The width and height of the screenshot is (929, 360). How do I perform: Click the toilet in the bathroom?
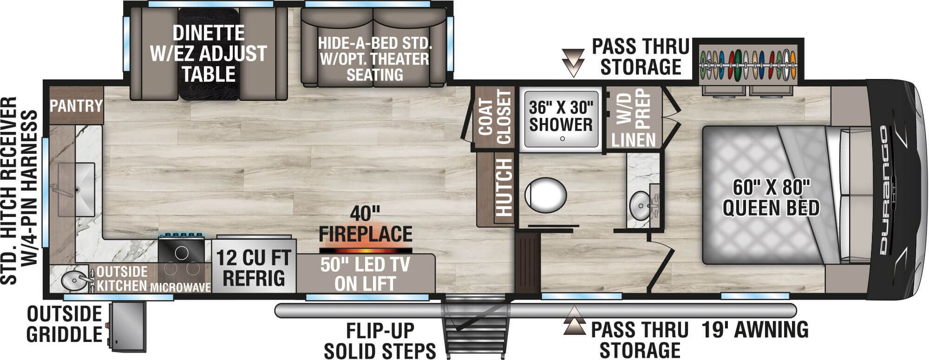(546, 196)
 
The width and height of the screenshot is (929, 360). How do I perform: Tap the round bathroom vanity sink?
(641, 205)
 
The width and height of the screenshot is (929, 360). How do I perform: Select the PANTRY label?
(76, 106)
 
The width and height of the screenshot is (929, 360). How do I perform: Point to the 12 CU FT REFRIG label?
(254, 268)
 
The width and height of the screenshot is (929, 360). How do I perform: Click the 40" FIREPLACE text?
(366, 224)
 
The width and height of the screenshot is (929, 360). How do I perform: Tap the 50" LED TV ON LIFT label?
(365, 274)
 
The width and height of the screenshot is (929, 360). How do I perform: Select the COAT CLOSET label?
(495, 117)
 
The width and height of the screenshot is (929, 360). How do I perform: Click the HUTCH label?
(503, 188)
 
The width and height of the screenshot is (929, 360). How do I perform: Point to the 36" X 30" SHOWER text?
(561, 116)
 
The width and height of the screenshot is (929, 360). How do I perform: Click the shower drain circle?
(562, 138)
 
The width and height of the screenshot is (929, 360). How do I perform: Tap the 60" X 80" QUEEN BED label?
(771, 198)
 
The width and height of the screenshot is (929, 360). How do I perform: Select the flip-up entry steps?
(474, 325)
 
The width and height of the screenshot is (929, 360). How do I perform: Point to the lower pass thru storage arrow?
(574, 321)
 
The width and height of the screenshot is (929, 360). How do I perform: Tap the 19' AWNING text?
(755, 329)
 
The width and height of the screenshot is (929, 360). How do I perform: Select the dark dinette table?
(209, 53)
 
